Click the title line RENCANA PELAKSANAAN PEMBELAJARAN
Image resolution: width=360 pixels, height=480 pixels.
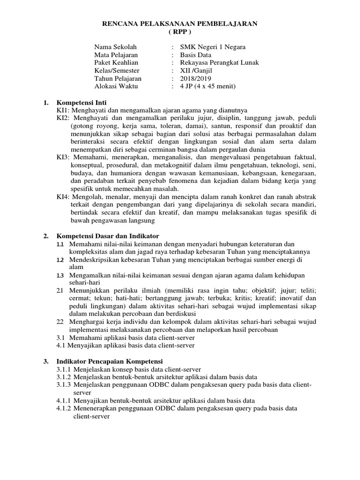point(180,24)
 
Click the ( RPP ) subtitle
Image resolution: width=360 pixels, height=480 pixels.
point(180,32)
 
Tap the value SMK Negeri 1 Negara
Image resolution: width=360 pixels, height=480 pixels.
point(209,47)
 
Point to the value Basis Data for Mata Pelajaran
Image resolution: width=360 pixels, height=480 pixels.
point(189,55)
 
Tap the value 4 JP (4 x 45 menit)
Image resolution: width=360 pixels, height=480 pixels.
point(204,86)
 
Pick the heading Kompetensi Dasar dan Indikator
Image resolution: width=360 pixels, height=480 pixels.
point(108,235)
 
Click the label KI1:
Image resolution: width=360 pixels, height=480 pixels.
point(63,110)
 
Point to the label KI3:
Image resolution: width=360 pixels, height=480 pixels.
point(63,157)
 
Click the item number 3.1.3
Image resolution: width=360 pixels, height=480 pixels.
point(63,385)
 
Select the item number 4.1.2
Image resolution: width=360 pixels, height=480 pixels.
point(63,408)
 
